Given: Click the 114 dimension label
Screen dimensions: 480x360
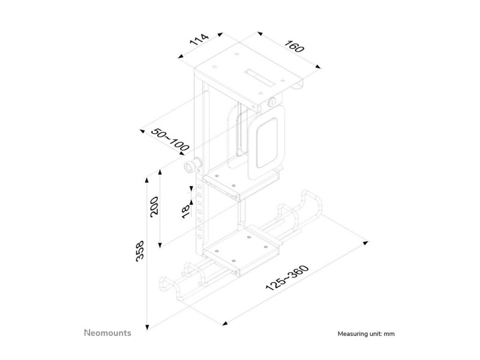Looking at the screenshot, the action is pos(199,40).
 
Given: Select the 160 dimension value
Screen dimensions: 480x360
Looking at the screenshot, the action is pos(295,46).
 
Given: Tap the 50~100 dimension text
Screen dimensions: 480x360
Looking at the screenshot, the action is pos(170,140).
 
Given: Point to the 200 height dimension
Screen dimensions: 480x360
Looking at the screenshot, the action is pos(154,206).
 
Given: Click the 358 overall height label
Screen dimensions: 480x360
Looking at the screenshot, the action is pos(140,251).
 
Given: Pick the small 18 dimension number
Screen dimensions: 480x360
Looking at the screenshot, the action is pos(186,212).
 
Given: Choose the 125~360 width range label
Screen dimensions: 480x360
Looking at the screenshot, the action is pos(287,278).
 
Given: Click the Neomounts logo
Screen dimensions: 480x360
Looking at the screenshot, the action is pos(107,333).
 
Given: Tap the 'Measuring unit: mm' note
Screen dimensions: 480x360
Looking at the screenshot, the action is pos(366,334).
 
